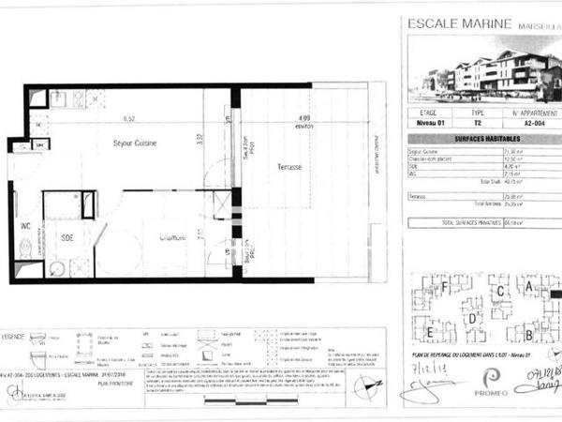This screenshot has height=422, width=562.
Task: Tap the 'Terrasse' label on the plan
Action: tap(289, 167)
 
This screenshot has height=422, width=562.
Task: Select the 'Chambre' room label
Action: tap(171, 237)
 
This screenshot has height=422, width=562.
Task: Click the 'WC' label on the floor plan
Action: tap(25, 226)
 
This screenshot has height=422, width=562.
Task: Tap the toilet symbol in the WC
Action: tap(25, 248)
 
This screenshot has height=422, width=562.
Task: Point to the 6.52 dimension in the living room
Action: tap(129, 118)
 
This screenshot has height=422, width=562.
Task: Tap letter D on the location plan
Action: tap(474, 319)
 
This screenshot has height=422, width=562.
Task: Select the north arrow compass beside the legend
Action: tap(373, 385)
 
